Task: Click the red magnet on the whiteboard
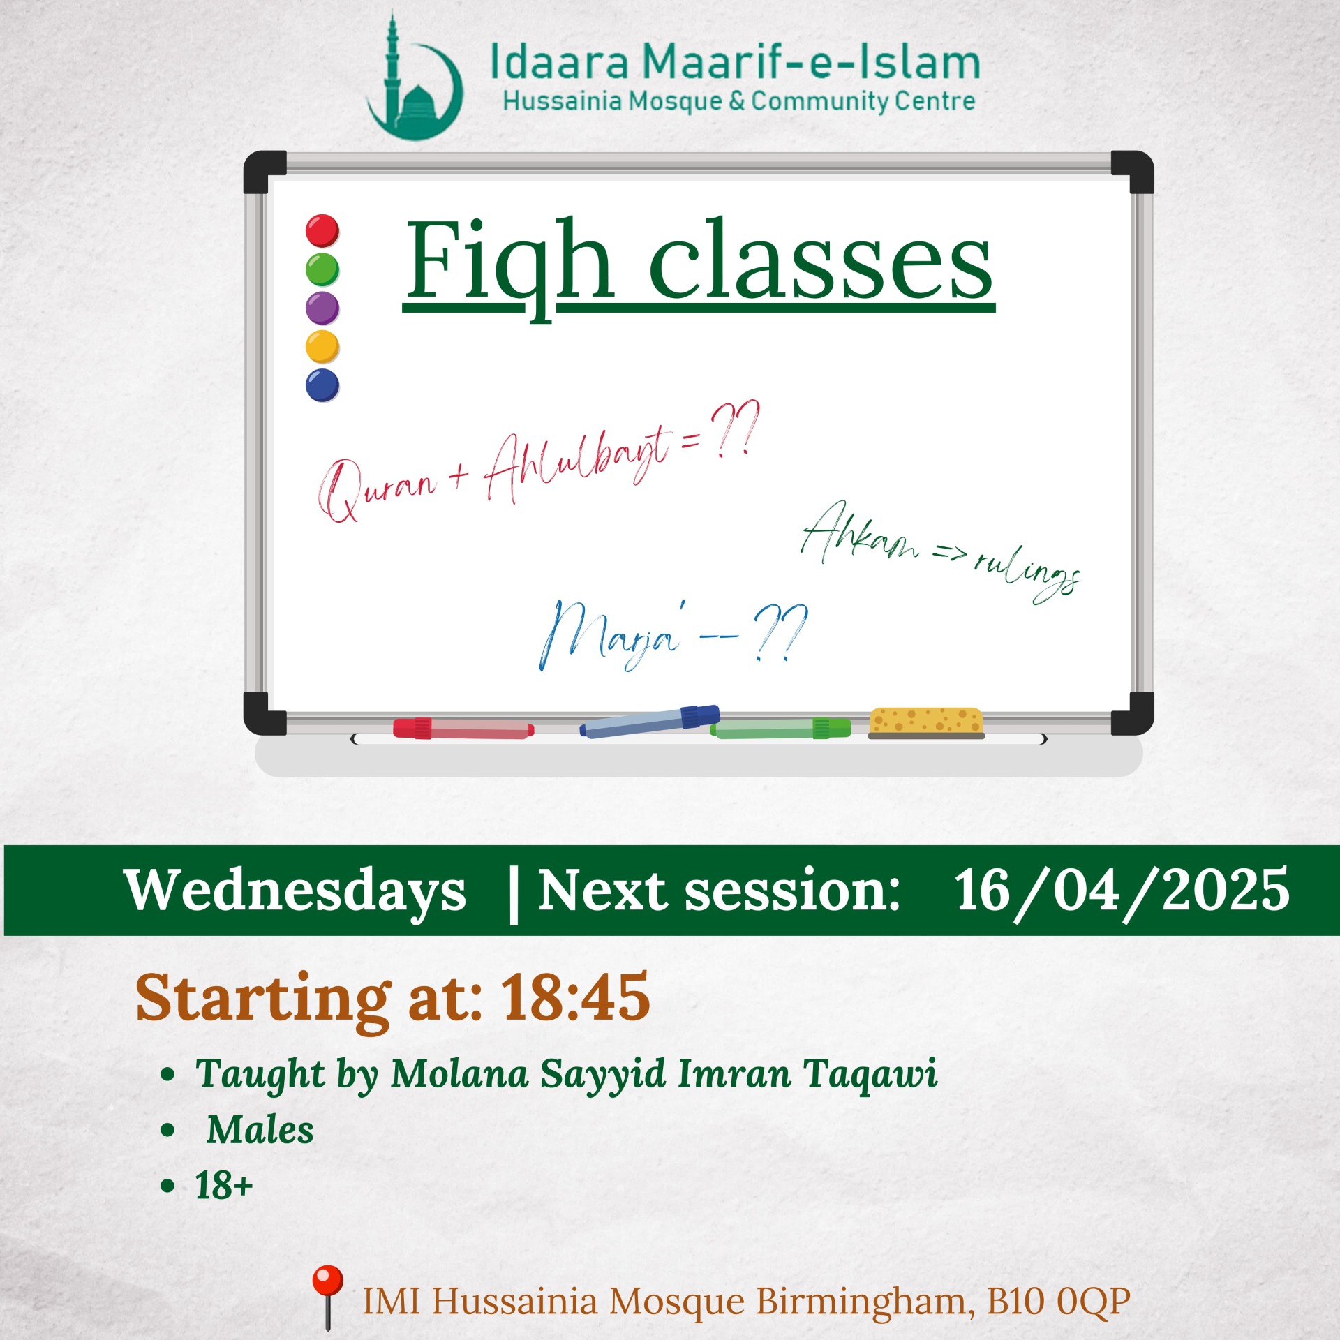322,231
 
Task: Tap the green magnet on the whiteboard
322,270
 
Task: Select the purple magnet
322,308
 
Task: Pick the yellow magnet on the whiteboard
322,347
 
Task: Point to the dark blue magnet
322,385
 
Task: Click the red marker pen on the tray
463,729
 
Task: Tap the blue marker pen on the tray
650,722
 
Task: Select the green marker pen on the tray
780,729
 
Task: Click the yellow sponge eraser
925,723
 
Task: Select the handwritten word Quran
378,488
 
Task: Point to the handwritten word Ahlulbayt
578,461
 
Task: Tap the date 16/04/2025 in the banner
1122,891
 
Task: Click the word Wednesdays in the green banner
295,891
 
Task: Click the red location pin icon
327,1296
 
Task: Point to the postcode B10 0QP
1058,1301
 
